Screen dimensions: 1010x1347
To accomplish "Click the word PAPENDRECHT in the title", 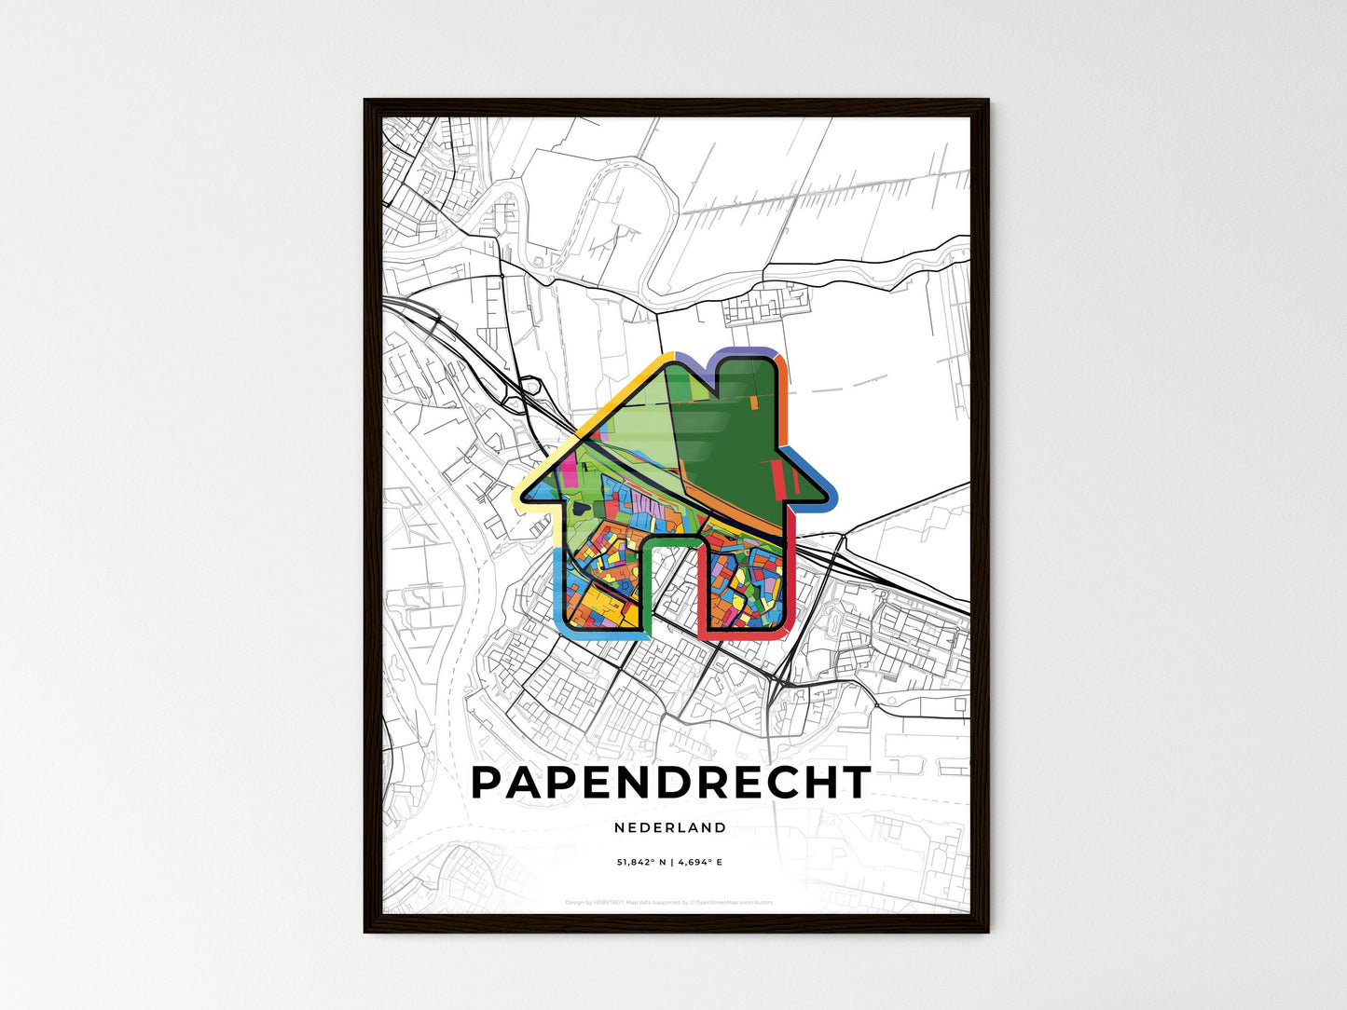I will (671, 783).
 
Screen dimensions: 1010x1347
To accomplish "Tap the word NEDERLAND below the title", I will (670, 827).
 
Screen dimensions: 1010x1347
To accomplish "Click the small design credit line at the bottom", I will (669, 903).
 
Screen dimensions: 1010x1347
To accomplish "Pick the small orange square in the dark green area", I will (753, 403).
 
